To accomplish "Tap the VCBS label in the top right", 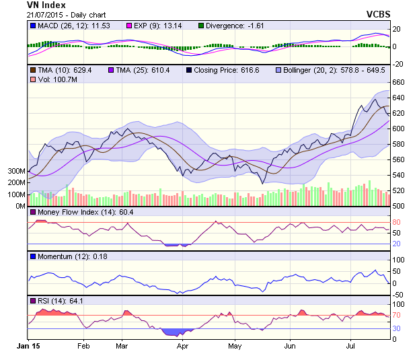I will coord(379,14).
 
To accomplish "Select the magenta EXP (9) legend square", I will coord(129,26).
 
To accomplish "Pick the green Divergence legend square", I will coord(201,26).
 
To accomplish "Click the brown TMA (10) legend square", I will coord(33,70).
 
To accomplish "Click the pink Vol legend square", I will coord(33,80).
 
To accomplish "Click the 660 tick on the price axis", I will coord(400,82).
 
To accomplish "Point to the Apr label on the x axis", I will coord(182,347).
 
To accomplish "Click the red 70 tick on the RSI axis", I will coord(397,316).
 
